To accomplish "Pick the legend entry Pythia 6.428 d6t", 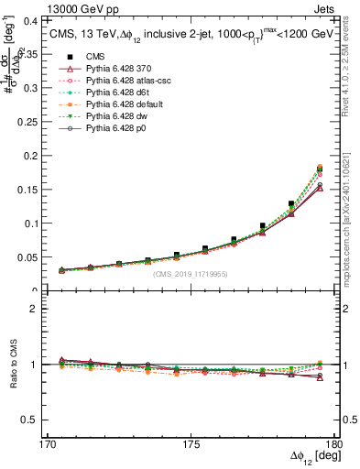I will click(115, 106).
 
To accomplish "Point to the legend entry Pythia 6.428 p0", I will click(115, 145).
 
